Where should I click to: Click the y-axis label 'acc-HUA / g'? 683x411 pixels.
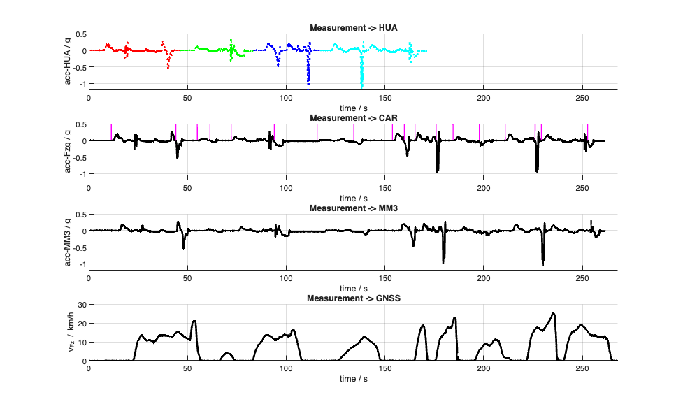[69, 59]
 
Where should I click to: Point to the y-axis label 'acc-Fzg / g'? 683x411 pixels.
[69, 150]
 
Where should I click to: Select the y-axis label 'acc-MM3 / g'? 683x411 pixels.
[69, 240]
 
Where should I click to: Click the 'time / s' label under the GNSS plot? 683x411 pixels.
[353, 378]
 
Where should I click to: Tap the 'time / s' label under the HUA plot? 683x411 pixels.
[353, 108]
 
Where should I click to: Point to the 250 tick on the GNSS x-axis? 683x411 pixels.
[582, 368]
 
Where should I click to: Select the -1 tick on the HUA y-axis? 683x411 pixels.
[81, 84]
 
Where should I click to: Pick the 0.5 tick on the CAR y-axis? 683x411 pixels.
[80, 124]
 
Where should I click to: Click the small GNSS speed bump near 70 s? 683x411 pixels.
[226, 354]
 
